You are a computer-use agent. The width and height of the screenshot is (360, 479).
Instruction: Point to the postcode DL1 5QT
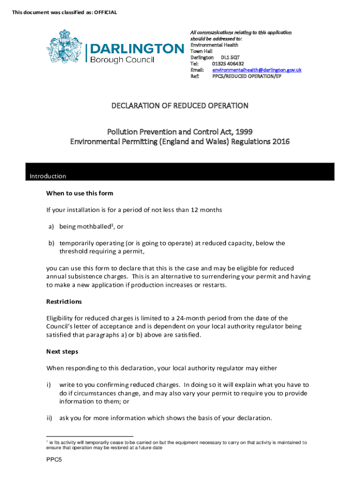[230, 58]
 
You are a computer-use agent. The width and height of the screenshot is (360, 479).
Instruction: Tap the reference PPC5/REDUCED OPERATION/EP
[247, 76]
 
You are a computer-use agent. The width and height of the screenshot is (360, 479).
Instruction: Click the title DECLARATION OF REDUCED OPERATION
[180, 106]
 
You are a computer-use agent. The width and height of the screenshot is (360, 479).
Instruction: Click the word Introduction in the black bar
[48, 176]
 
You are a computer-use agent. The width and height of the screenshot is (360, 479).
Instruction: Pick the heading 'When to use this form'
[79, 193]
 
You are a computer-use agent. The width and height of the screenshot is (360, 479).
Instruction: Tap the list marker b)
[51, 243]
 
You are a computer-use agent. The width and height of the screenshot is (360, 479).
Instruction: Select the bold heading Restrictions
[64, 302]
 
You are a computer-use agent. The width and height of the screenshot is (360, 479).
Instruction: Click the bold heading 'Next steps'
[62, 351]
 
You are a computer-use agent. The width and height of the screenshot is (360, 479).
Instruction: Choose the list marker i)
[49, 385]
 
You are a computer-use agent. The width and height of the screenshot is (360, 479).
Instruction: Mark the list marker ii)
[50, 418]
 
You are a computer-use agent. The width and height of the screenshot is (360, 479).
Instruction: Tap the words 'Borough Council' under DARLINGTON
[122, 59]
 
